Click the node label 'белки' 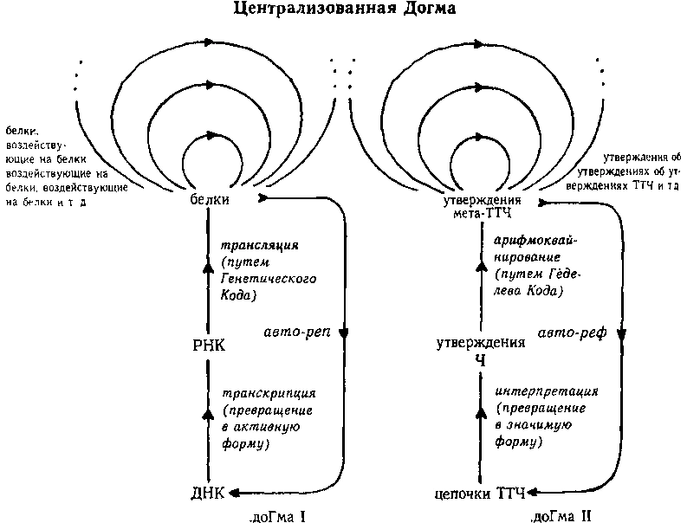tap(208, 200)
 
